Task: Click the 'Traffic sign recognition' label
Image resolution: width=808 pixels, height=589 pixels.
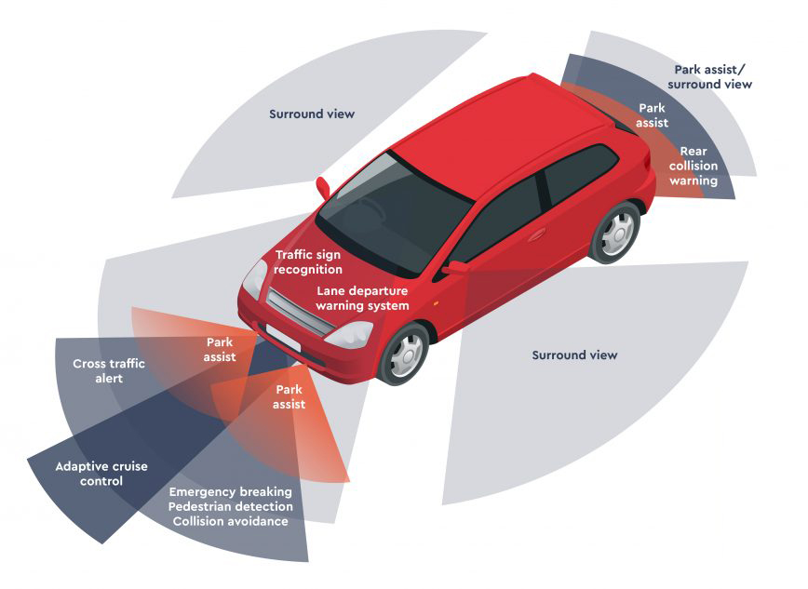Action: coord(307,261)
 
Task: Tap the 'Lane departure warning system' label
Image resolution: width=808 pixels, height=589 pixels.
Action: coord(362,298)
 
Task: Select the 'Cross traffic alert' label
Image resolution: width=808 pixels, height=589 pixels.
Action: coord(109,371)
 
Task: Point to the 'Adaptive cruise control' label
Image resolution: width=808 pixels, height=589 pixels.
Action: coord(101,474)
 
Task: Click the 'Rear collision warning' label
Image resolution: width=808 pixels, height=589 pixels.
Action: coord(693,166)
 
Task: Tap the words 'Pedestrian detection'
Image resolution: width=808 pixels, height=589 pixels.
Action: coord(231,506)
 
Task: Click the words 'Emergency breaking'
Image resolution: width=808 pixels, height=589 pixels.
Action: coord(231,491)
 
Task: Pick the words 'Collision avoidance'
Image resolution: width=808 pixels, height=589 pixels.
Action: coord(231,521)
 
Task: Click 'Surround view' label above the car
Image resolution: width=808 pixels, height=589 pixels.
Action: coord(312,114)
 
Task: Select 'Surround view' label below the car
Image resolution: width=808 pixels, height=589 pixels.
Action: coord(574,355)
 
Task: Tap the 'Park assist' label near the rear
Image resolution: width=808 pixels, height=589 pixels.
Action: coord(652,115)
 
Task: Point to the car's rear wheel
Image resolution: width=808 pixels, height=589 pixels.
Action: coord(615,232)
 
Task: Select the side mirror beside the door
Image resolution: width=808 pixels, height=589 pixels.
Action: coord(455,268)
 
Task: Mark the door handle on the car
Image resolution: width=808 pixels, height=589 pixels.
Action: coord(535,234)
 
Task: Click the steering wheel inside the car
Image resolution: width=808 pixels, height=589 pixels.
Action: coord(367,211)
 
